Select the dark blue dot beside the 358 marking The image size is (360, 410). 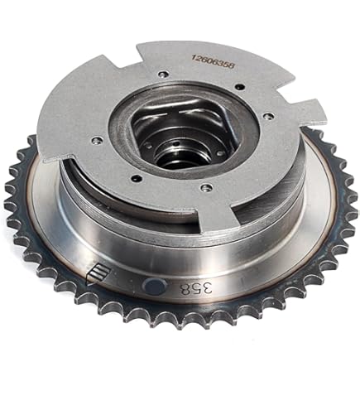(x=154, y=287)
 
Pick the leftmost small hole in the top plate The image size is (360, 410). (x=98, y=140)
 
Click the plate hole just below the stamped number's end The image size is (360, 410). (x=240, y=86)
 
